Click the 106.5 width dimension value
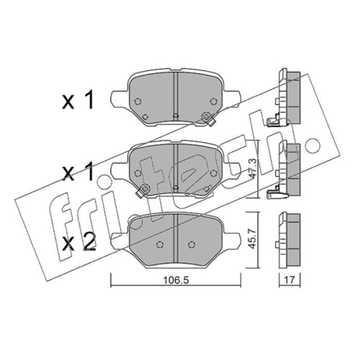[176, 280]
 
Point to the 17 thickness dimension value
[289, 280]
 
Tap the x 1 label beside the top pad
[78, 99]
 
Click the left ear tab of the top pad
[119, 99]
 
